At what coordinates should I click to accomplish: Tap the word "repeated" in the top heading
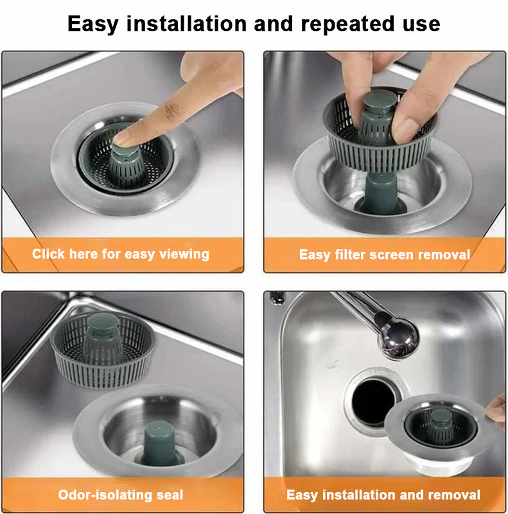[340, 24]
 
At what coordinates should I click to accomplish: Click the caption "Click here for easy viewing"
[121, 254]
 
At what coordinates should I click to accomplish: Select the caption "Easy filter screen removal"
[384, 254]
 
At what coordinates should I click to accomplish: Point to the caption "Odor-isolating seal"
[121, 495]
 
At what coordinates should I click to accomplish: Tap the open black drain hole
[373, 402]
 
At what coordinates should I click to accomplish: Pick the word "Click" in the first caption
[49, 254]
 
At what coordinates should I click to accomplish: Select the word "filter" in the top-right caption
[351, 254]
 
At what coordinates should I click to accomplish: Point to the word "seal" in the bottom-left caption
[169, 495]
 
